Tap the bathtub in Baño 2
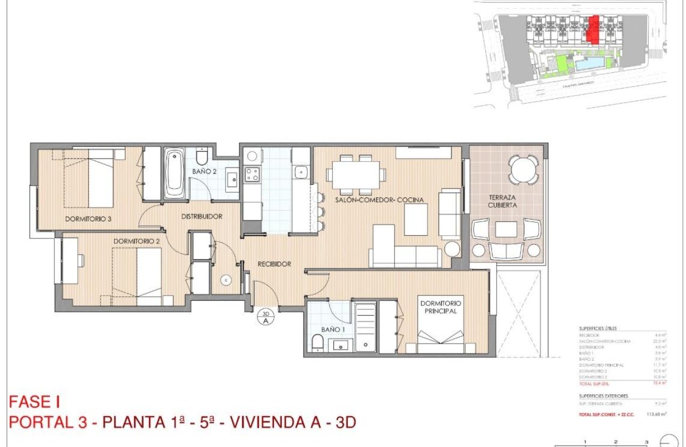point(174,173)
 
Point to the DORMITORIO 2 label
point(137,241)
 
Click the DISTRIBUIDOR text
point(202,217)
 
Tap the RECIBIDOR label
point(274,264)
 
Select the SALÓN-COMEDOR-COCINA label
point(379,200)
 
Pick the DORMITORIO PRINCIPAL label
point(441,307)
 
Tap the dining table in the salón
point(356,174)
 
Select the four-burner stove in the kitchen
point(252,174)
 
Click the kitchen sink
point(300,172)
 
